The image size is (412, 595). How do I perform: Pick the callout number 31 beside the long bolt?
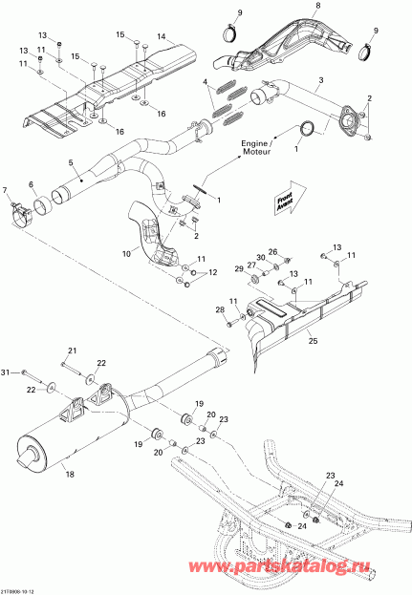pos(8,372)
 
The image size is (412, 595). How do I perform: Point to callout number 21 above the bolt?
pos(70,351)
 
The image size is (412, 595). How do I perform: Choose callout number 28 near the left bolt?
pos(219,310)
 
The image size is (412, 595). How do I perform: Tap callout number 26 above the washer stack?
pos(272,252)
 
